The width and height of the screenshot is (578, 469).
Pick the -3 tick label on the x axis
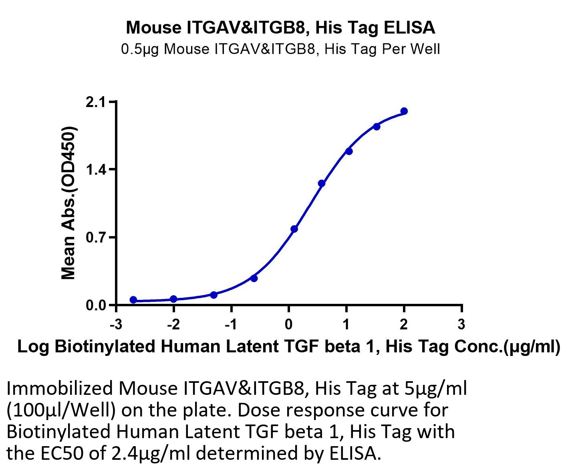(x=116, y=325)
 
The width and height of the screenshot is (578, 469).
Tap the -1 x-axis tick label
(x=231, y=325)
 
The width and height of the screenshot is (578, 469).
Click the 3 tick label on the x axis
(x=461, y=325)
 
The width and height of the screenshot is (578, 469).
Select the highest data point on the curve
(x=404, y=111)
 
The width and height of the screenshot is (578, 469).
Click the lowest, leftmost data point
(x=133, y=300)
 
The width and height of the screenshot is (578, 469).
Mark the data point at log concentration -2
(x=174, y=299)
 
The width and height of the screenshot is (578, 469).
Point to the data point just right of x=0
(x=294, y=229)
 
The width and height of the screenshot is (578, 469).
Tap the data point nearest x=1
(x=349, y=151)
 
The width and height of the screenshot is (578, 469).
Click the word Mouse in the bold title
(x=154, y=27)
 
